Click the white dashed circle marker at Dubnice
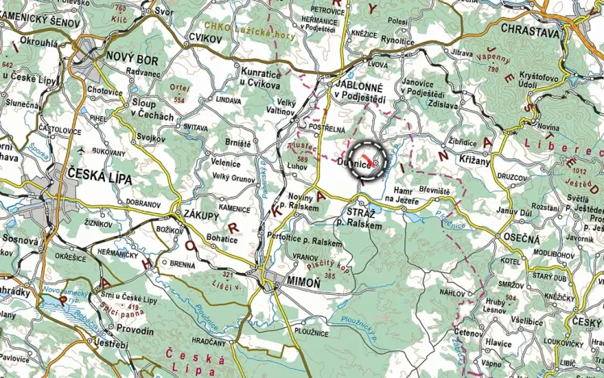368,157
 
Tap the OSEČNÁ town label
522,239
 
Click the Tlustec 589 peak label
302,152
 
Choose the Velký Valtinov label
283,106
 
